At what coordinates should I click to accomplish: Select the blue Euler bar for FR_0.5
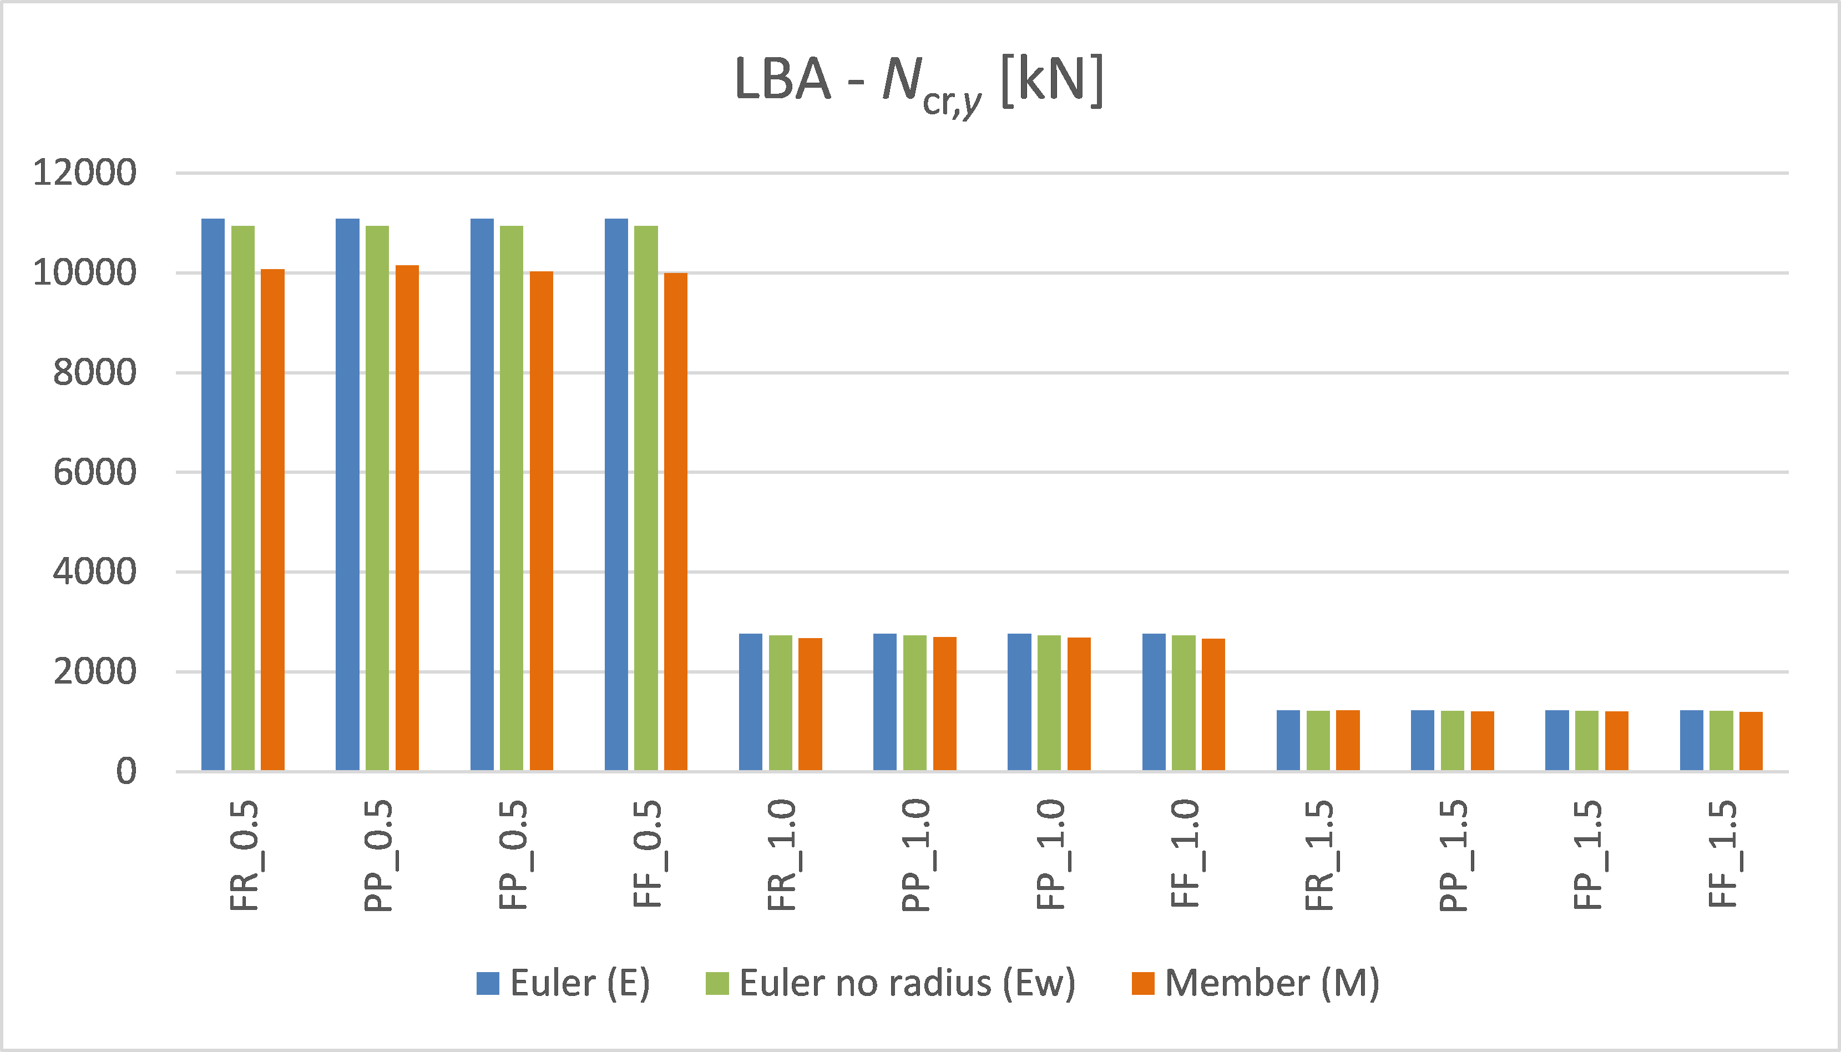213,494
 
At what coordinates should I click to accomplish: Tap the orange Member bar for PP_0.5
407,517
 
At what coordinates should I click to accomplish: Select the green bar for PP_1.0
915,702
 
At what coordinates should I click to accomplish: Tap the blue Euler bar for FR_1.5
1288,741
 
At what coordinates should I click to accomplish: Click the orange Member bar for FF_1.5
1751,741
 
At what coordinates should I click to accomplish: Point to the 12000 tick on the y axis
84,174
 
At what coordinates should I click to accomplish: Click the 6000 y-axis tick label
95,473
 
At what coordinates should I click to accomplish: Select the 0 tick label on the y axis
126,772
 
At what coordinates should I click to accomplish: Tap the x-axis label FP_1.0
1050,854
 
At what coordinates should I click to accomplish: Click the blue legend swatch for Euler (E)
488,983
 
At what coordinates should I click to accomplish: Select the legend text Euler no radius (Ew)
907,983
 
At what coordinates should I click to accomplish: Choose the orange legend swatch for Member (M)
1143,983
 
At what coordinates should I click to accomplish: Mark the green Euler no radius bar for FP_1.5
1587,741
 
